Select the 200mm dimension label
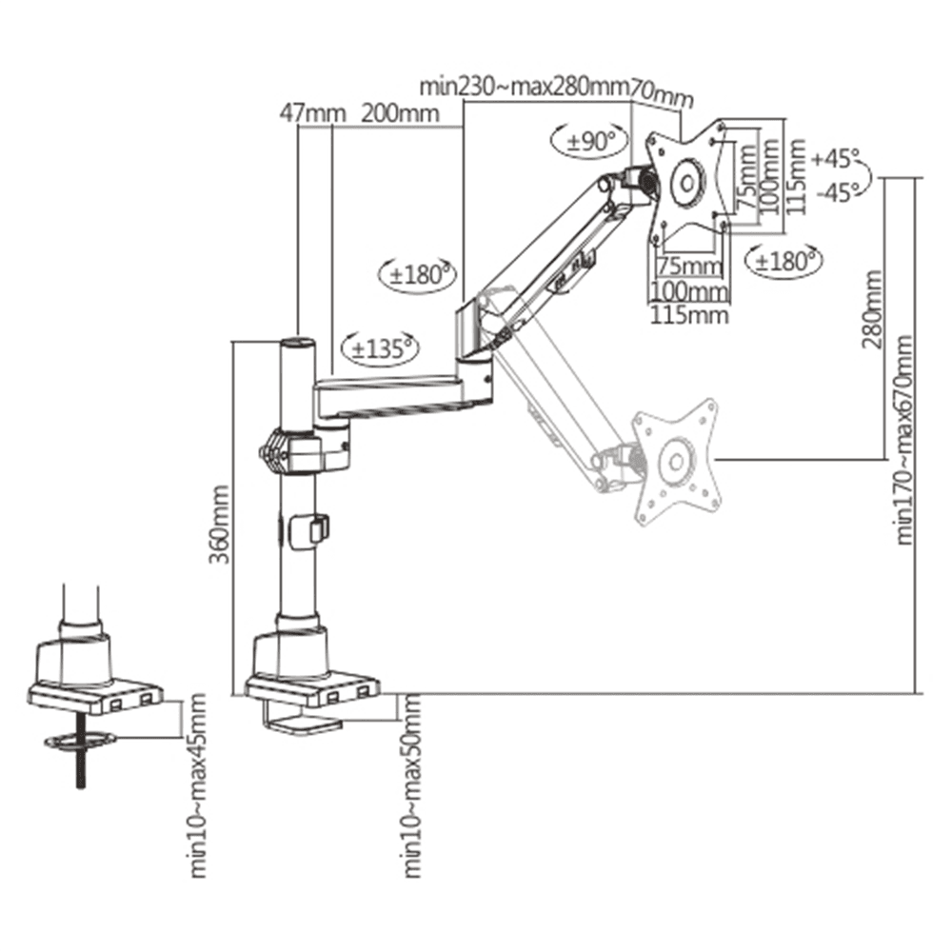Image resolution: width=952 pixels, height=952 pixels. coord(400,113)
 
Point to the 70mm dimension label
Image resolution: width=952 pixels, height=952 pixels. coord(661,94)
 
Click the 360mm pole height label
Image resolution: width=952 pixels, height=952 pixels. coord(220,524)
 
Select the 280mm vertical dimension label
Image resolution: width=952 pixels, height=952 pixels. coord(873,309)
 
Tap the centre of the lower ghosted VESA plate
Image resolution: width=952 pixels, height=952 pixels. coord(675,462)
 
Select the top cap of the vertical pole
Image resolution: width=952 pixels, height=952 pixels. coord(296,344)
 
